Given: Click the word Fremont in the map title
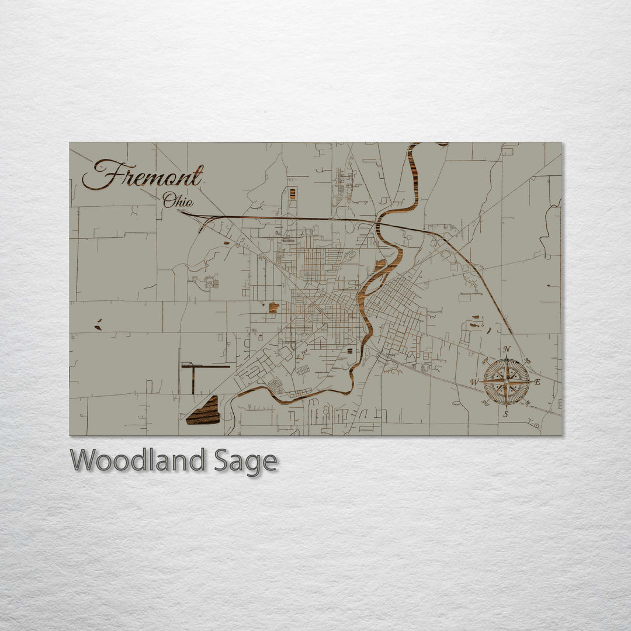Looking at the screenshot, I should [x=143, y=175].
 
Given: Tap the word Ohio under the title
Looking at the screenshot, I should [x=178, y=201].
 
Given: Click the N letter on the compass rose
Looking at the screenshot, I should [x=507, y=350].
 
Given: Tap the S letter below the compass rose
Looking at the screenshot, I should [x=506, y=414].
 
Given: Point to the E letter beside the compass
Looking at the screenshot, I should [x=538, y=382].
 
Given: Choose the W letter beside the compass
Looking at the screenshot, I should [x=475, y=383].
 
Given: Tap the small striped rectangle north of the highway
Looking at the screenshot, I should [x=293, y=193].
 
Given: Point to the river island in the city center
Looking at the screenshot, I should [x=379, y=267].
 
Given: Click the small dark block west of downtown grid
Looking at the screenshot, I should [x=273, y=307].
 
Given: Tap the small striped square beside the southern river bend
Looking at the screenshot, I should [x=350, y=351].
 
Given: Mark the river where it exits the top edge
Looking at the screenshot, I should [x=414, y=144].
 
